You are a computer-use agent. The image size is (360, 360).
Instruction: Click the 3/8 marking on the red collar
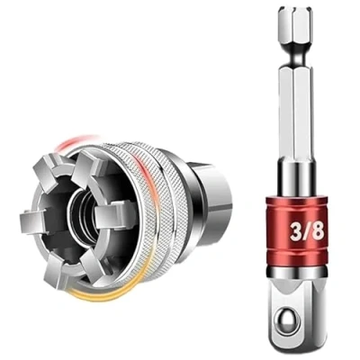click(x=307, y=231)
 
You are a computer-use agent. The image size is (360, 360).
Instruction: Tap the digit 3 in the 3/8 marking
click(x=295, y=231)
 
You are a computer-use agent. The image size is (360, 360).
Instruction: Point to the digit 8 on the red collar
click(x=318, y=231)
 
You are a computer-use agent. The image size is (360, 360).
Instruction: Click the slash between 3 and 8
click(x=306, y=231)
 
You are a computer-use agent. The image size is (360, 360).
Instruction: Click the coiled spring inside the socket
click(x=83, y=213)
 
